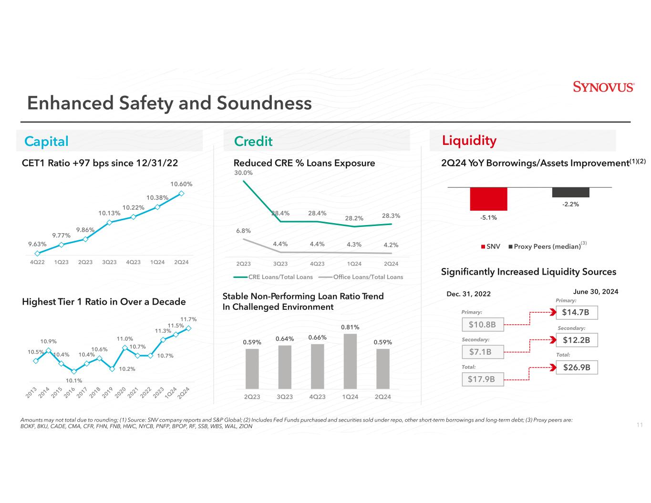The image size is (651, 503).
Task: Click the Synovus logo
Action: pyautogui.click(x=603, y=87)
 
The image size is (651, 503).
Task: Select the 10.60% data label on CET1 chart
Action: pyautogui.click(x=181, y=184)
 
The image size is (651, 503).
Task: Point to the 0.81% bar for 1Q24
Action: pyautogui.click(x=350, y=361)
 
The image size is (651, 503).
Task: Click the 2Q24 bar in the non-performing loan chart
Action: pyautogui.click(x=382, y=369)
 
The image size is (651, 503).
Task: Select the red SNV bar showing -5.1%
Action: pyautogui.click(x=488, y=199)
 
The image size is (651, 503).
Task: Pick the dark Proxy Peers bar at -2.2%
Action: pyautogui.click(x=570, y=192)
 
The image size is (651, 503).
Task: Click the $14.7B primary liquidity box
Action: pyautogui.click(x=577, y=313)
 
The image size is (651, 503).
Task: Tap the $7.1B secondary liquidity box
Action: pyautogui.click(x=483, y=352)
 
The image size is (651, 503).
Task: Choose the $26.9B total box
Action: pyautogui.click(x=577, y=368)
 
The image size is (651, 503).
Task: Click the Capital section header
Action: pyautogui.click(x=47, y=141)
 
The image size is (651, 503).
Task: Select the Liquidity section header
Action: pyautogui.click(x=469, y=141)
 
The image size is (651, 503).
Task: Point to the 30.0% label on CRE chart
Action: pyautogui.click(x=243, y=173)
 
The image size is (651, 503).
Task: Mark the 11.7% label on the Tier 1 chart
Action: pyautogui.click(x=188, y=319)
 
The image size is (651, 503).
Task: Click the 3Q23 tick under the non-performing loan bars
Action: pyautogui.click(x=285, y=397)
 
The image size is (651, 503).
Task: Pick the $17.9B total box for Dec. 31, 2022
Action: pyautogui.click(x=483, y=380)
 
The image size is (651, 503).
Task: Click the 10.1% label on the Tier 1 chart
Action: pyautogui.click(x=74, y=380)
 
